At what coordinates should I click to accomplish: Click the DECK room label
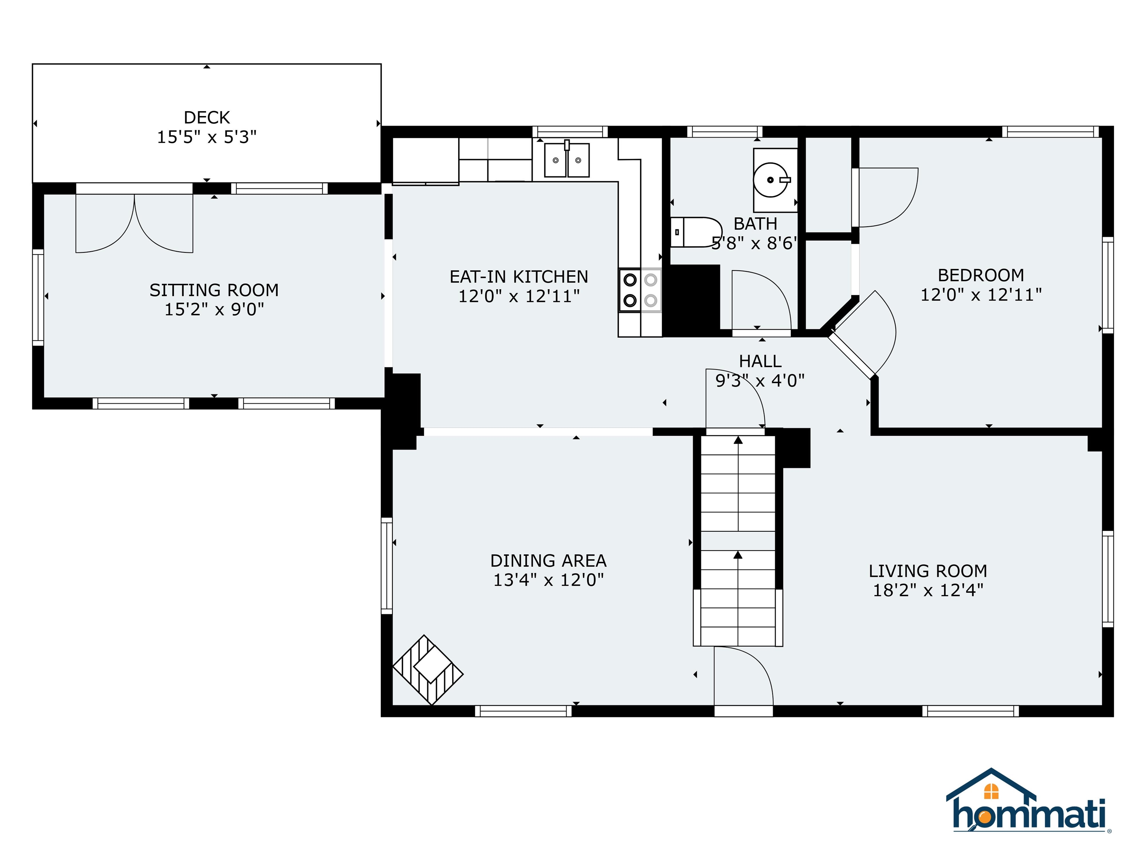pos(207,117)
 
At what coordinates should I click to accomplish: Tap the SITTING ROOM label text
pos(214,290)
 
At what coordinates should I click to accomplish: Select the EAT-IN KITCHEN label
pos(519,277)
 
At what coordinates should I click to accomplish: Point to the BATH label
pos(755,224)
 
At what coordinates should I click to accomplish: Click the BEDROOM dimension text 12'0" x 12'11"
pos(981,295)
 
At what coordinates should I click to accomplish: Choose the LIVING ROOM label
pos(928,571)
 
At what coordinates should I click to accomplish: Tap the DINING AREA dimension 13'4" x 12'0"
pos(548,580)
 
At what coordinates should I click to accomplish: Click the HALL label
pos(760,361)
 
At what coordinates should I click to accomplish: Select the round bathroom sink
pos(771,180)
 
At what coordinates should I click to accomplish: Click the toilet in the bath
pos(696,232)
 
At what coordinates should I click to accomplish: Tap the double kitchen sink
pos(567,160)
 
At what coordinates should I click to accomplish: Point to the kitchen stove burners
pos(640,290)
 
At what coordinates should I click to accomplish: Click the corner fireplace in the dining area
pos(428,670)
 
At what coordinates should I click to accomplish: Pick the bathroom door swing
pos(761,300)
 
